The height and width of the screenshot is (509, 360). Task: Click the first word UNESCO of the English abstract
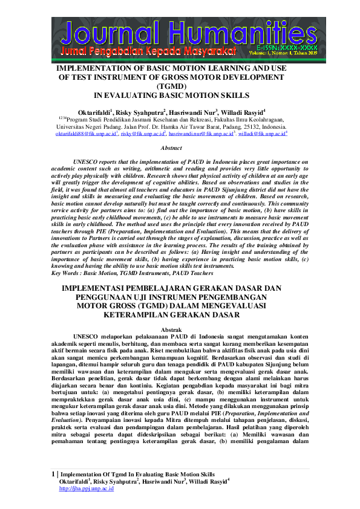tap(86, 163)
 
